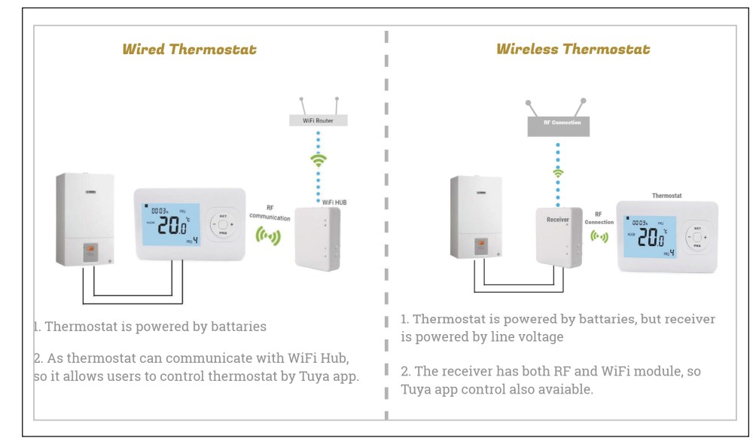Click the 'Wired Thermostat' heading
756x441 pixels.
point(189,50)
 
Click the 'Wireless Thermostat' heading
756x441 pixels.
point(572,50)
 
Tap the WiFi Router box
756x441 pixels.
point(317,120)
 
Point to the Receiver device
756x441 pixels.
point(557,235)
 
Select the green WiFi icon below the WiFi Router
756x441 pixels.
point(317,161)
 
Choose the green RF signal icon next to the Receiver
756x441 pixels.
point(599,236)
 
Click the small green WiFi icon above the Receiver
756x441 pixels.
point(558,172)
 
